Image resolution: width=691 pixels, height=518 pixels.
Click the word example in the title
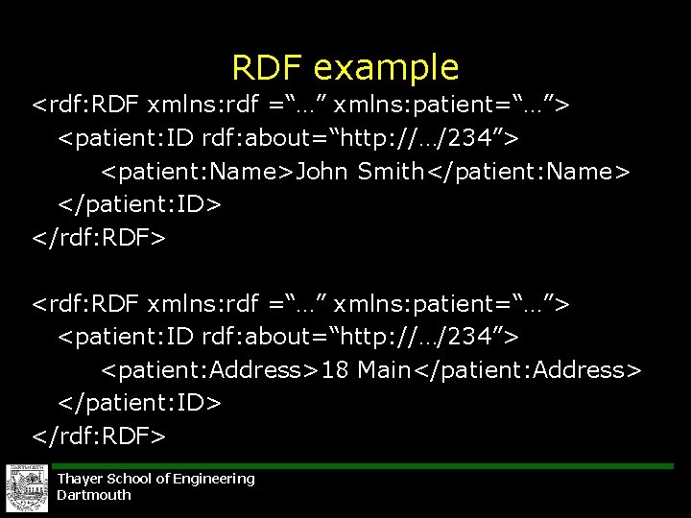tap(386, 68)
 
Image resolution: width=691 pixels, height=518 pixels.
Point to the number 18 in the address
tap(336, 370)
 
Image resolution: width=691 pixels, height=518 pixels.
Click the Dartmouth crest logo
tap(26, 488)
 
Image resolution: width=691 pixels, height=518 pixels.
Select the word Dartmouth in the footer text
tap(94, 495)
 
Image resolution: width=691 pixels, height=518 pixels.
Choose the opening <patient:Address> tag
tap(211, 370)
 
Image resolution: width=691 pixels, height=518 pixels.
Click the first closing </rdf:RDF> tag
tap(99, 237)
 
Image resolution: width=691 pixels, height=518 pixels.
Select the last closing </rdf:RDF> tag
tap(99, 436)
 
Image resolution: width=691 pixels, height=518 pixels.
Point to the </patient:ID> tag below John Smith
tap(140, 204)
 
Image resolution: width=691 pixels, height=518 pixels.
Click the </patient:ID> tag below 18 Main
tap(140, 403)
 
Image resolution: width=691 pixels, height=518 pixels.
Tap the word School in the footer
tap(129, 479)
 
